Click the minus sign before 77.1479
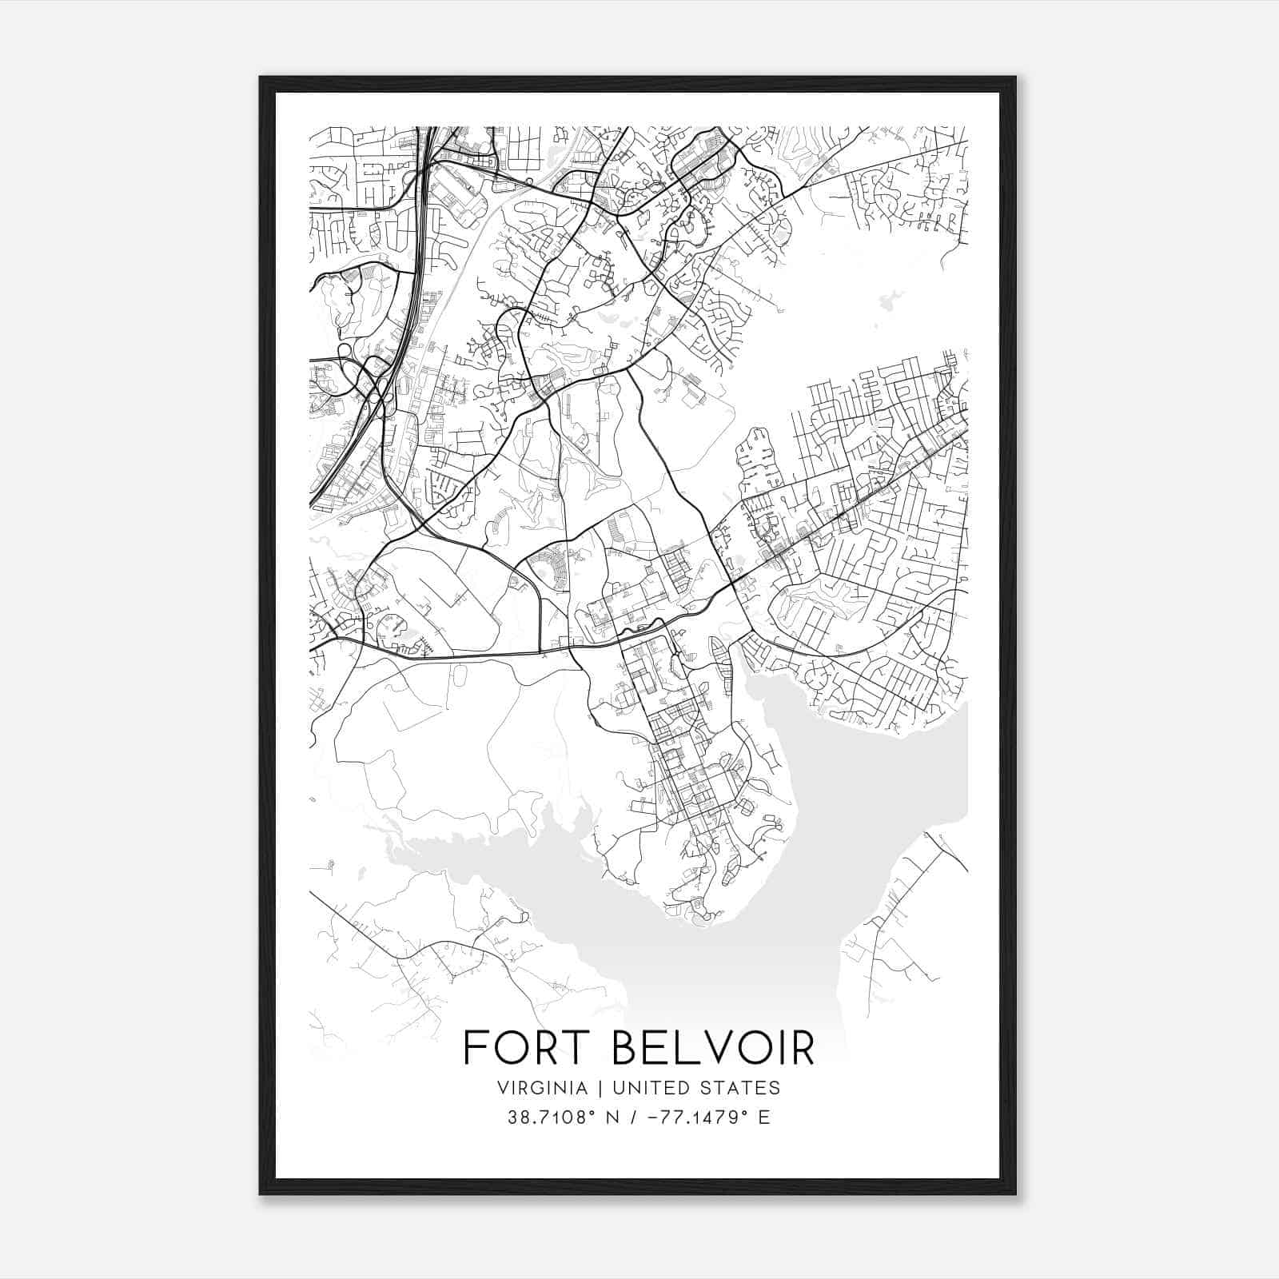point(655,1118)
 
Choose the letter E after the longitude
point(764,1118)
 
